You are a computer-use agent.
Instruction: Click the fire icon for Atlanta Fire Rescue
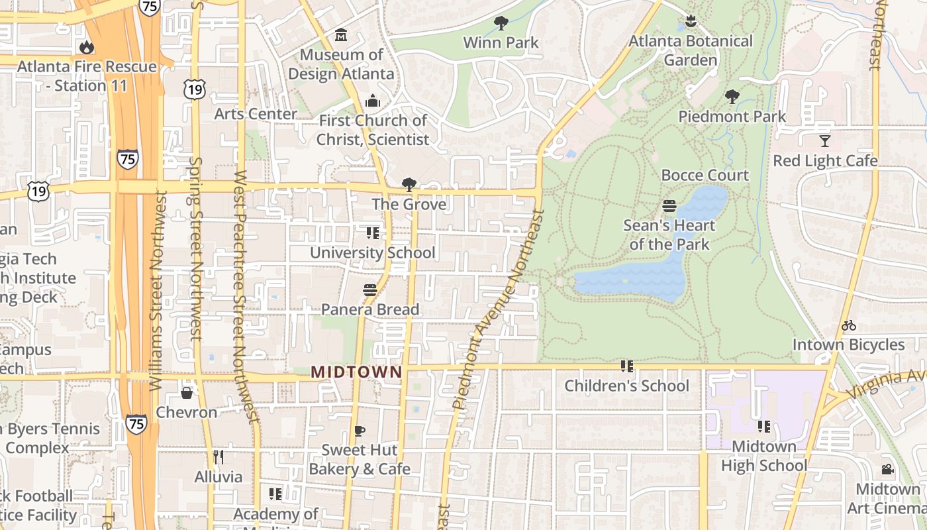(x=85, y=47)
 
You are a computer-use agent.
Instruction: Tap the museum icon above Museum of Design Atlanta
(x=341, y=34)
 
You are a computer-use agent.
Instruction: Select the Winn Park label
(x=501, y=42)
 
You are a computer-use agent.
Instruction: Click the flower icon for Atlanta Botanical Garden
(x=691, y=21)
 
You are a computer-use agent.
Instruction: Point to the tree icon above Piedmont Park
(x=732, y=97)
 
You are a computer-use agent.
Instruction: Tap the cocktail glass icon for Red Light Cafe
(x=824, y=140)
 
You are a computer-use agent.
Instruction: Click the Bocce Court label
(x=705, y=176)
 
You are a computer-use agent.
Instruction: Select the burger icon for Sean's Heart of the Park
(x=669, y=205)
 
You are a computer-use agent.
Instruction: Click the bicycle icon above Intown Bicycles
(x=848, y=325)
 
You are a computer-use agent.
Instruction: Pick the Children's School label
(x=626, y=386)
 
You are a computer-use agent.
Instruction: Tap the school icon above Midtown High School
(x=763, y=427)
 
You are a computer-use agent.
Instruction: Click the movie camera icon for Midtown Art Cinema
(x=887, y=470)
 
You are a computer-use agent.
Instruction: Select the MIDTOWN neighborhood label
(x=356, y=372)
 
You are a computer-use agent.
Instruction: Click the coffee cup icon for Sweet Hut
(x=359, y=431)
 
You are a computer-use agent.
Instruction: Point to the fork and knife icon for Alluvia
(x=219, y=457)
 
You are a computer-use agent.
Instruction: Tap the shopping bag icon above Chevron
(x=187, y=393)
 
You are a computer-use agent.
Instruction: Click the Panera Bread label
(x=370, y=309)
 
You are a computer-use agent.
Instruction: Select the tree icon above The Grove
(x=409, y=184)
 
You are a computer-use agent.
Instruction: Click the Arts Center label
(x=256, y=114)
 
